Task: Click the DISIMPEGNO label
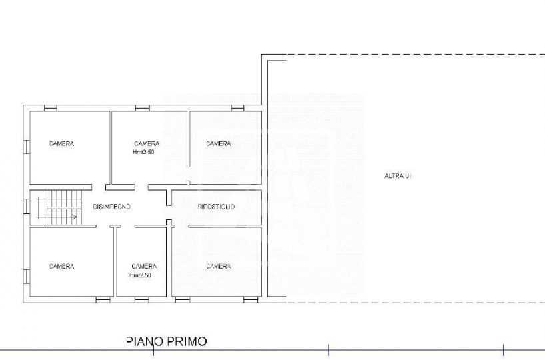(111, 207)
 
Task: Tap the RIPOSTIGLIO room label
(216, 207)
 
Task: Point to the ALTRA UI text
(398, 176)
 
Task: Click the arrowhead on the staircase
(74, 217)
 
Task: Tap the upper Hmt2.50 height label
(143, 152)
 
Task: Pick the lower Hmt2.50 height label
(140, 275)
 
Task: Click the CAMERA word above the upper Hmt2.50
(147, 143)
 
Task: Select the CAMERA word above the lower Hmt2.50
(144, 267)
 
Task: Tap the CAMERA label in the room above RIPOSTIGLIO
(219, 143)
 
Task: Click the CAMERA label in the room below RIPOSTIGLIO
(219, 267)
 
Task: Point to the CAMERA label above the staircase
(61, 143)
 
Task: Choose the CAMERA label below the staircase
(61, 267)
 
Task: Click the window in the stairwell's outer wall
(27, 205)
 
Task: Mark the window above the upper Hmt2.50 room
(142, 108)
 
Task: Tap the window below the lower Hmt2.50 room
(142, 300)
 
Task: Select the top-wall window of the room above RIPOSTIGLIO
(237, 108)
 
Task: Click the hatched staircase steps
(65, 207)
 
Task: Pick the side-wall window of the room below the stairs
(27, 276)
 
